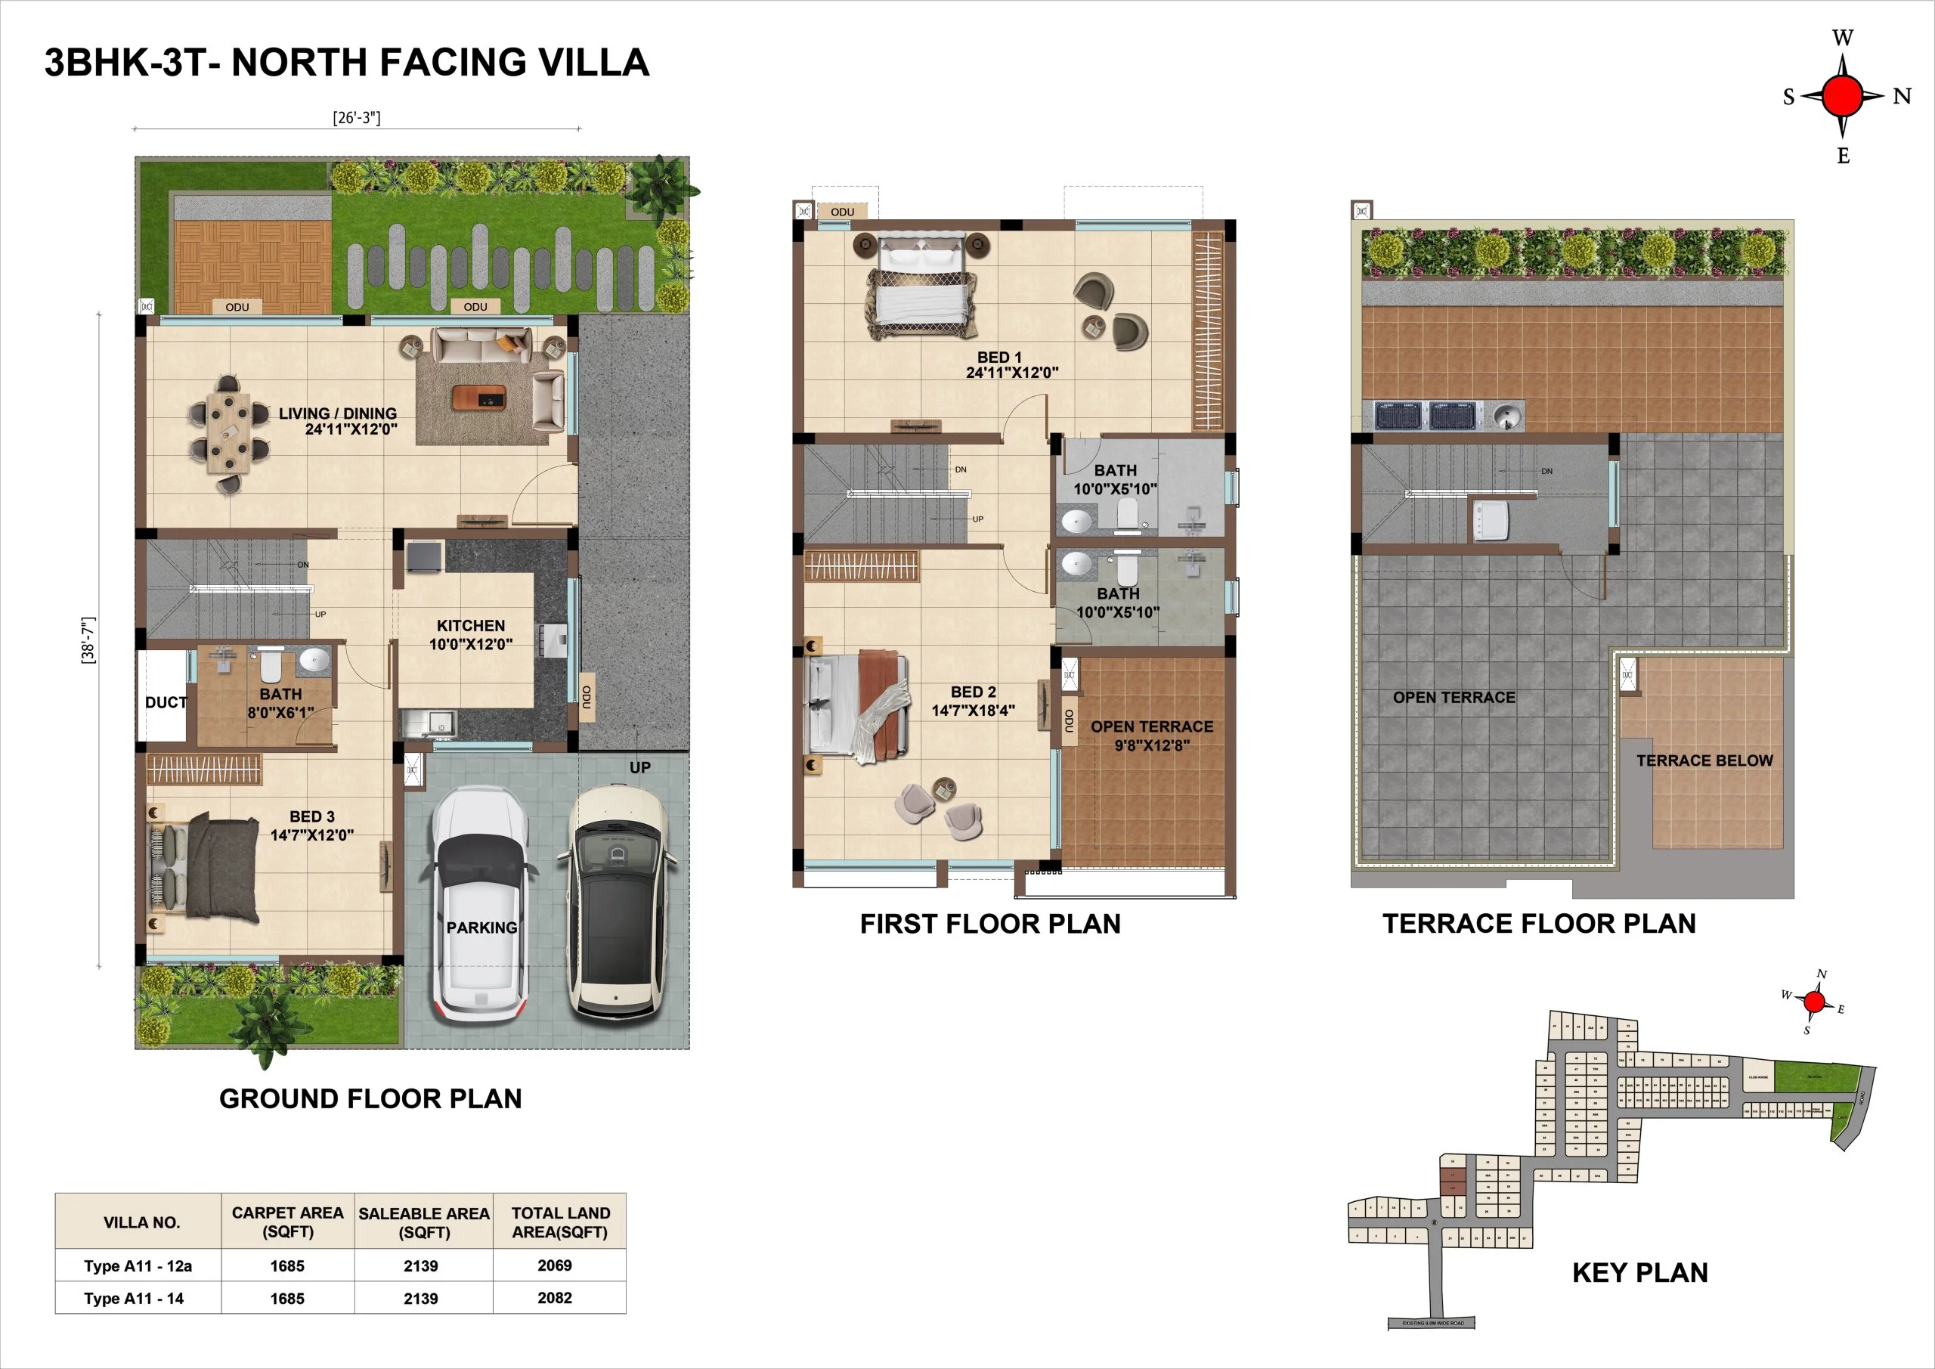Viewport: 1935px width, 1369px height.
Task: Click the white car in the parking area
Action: [x=481, y=906]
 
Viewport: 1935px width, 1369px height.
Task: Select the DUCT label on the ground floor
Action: [x=166, y=702]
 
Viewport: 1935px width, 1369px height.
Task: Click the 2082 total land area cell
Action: [x=555, y=1297]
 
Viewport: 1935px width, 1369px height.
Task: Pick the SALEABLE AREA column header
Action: [x=424, y=1222]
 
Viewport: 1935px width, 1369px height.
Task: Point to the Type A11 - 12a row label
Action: [x=138, y=1265]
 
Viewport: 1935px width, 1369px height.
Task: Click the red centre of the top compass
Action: [x=1842, y=95]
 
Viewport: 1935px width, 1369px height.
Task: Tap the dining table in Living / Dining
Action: [x=228, y=434]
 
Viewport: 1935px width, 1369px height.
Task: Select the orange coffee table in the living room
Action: [x=478, y=397]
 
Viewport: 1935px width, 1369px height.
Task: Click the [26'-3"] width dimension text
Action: [x=357, y=117]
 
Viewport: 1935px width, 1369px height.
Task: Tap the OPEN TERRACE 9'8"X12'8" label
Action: [x=1151, y=735]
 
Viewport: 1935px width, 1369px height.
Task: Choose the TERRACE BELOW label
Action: [x=1704, y=760]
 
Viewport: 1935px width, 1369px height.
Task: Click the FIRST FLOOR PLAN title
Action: [x=990, y=924]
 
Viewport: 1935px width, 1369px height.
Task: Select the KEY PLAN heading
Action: [x=1639, y=1272]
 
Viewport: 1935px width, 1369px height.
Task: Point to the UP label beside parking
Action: [x=639, y=767]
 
